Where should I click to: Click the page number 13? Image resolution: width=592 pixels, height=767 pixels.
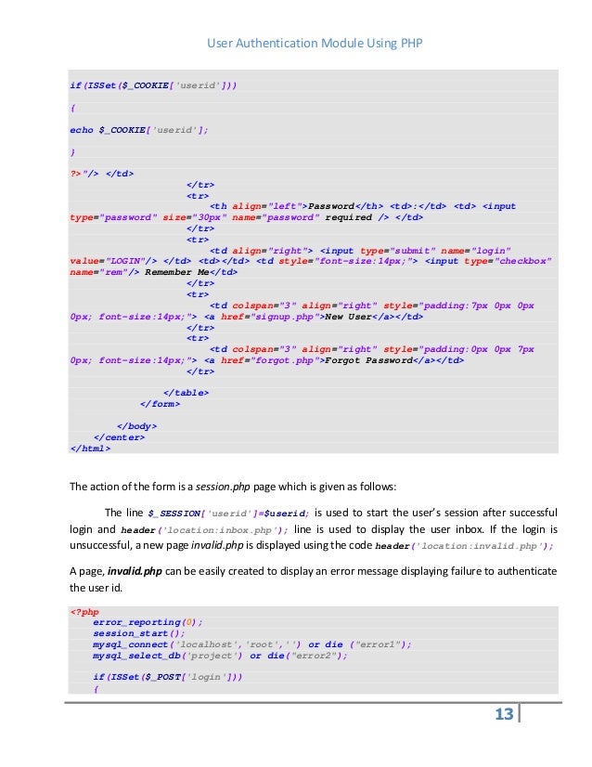(504, 714)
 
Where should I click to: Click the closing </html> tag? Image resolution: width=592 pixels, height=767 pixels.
(90, 448)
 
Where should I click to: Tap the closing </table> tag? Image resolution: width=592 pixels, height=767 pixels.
(186, 393)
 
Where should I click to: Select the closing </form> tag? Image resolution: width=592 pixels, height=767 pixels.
(160, 404)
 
